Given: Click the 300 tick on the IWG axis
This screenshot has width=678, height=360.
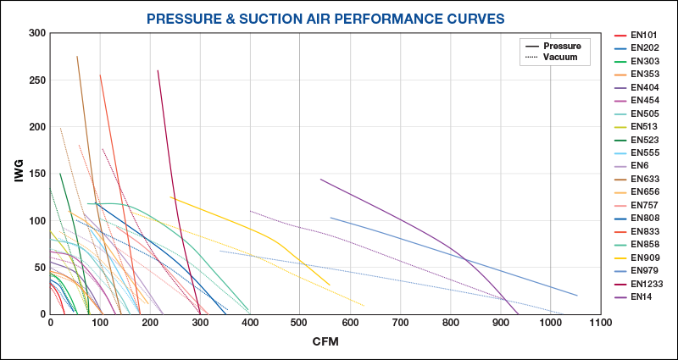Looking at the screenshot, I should [37, 33].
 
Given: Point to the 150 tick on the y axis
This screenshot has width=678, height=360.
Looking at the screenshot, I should [37, 174].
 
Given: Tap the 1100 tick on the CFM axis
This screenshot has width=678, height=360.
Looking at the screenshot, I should [601, 324].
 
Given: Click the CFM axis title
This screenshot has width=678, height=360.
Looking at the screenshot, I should [325, 341].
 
